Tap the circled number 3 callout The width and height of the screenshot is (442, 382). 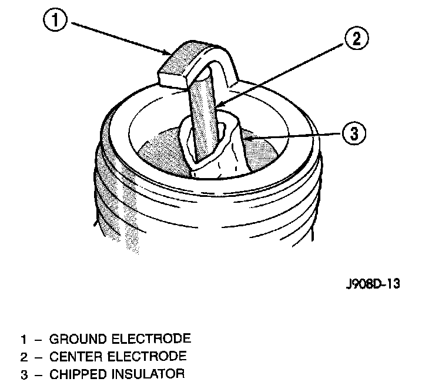(x=353, y=133)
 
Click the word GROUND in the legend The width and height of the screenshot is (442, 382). (x=75, y=339)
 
